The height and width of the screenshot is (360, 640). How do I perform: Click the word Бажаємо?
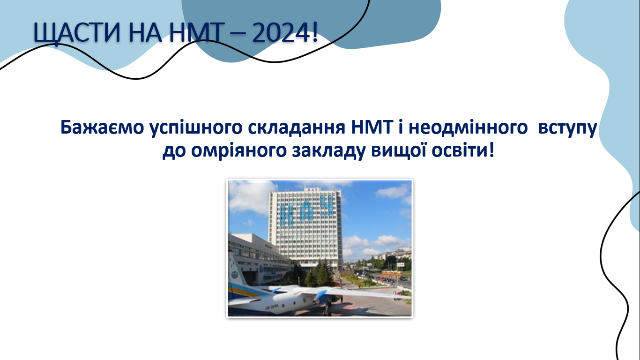pos(102,127)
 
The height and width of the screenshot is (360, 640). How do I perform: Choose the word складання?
pos(297,128)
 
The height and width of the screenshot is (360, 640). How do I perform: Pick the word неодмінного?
pos(468,127)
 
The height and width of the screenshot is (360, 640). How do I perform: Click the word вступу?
pos(567,129)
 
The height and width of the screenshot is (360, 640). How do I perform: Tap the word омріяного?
pos(238,151)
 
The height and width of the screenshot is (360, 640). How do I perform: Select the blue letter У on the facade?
pos(327,206)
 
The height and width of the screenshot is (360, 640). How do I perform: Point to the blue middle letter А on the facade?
pos(306,211)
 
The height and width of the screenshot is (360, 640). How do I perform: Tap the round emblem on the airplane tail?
pos(235,275)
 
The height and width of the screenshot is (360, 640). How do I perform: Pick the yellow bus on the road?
pos(392,274)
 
